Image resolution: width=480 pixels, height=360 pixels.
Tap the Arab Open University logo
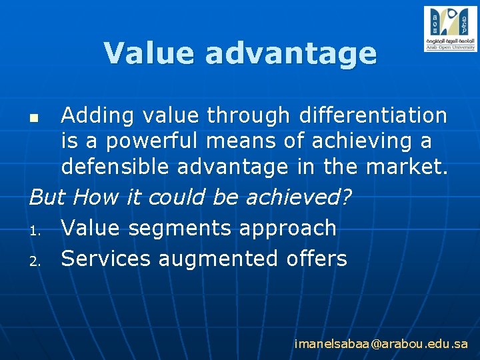(x=450, y=29)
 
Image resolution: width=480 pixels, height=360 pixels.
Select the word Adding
(x=97, y=116)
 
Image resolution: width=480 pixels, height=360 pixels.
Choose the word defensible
(x=115, y=167)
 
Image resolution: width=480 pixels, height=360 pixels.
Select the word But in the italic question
(x=48, y=197)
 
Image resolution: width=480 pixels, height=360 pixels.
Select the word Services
(x=106, y=258)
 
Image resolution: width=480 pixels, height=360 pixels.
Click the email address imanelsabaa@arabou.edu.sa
(x=381, y=344)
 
